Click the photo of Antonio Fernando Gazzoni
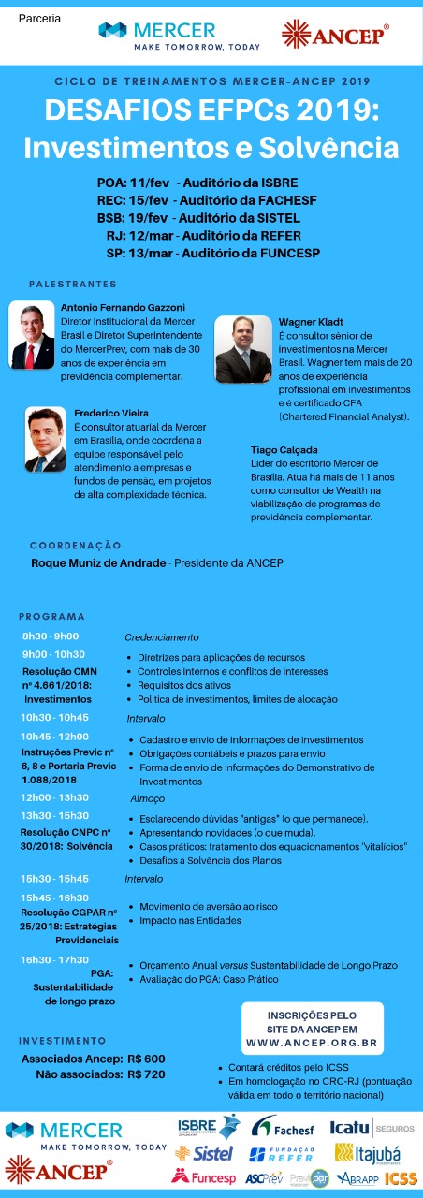(33, 335)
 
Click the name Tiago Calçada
(283, 449)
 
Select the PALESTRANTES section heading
(73, 284)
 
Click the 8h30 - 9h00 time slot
(51, 636)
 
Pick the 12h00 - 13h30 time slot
(55, 797)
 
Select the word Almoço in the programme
(147, 798)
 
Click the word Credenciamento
(162, 637)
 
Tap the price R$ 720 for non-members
(146, 1074)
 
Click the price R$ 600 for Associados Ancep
(146, 1058)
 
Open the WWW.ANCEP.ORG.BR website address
(312, 1042)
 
